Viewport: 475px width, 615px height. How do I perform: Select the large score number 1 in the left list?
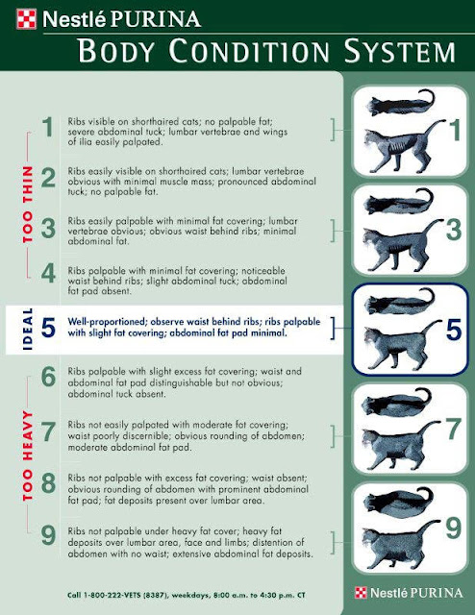click(x=45, y=127)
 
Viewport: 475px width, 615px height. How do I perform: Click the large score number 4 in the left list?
click(x=45, y=277)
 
